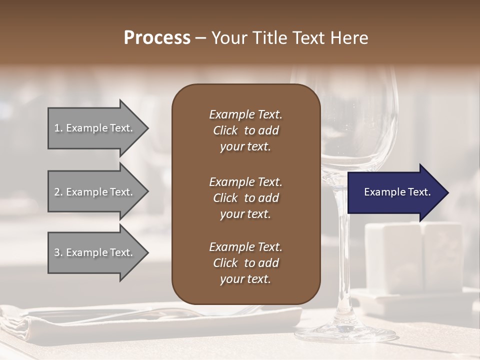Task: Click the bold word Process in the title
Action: [157, 38]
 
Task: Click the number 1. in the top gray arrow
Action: [58, 128]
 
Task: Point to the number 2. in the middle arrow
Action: [58, 192]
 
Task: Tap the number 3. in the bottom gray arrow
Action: [58, 252]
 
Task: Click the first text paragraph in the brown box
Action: [245, 130]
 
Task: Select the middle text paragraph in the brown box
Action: [245, 197]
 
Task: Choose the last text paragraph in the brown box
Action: [245, 263]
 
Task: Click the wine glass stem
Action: [341, 260]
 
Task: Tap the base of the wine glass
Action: [345, 332]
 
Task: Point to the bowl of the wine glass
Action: [360, 125]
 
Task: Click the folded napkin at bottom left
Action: [20, 325]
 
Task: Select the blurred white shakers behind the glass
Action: [415, 255]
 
